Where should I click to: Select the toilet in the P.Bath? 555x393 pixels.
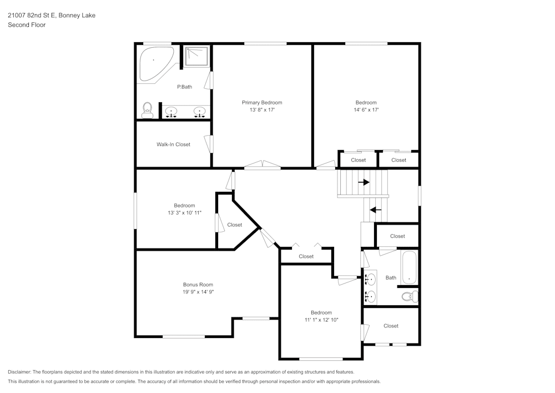click(148, 110)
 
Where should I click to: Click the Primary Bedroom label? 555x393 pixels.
click(262, 102)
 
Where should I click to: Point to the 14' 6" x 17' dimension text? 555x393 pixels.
click(366, 110)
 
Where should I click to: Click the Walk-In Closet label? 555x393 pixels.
click(173, 145)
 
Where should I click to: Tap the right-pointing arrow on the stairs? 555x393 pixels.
click(364, 182)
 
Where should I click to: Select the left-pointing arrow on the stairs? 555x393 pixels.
click(376, 210)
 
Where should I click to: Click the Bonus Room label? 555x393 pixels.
click(198, 285)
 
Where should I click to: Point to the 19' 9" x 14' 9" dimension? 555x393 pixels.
click(198, 292)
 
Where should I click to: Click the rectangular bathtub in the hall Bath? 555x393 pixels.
click(409, 267)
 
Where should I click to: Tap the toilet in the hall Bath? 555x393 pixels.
click(409, 296)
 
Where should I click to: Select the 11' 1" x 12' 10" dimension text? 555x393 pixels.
click(321, 320)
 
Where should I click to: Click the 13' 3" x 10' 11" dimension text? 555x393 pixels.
click(184, 213)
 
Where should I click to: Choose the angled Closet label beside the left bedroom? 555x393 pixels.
click(235, 225)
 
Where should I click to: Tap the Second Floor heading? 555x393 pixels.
click(27, 25)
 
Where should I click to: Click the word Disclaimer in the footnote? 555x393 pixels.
click(20, 372)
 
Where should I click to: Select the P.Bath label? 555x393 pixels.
click(184, 87)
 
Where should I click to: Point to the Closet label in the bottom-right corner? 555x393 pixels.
click(391, 326)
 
